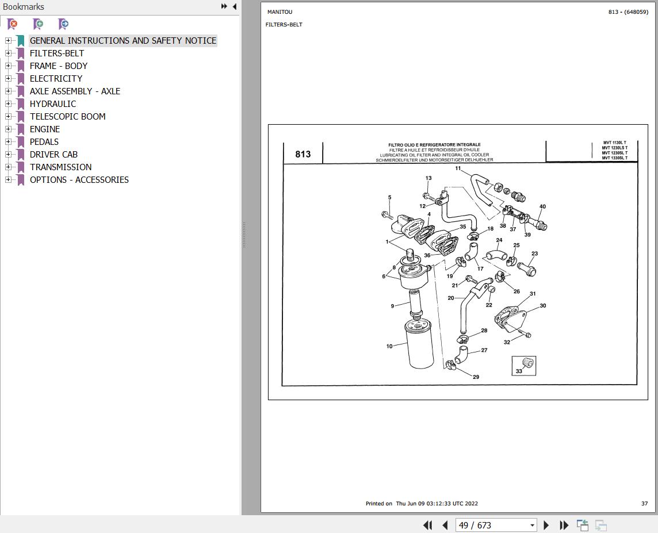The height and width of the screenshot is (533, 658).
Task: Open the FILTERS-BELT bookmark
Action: coord(56,53)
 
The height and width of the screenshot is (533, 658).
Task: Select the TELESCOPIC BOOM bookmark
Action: coord(67,116)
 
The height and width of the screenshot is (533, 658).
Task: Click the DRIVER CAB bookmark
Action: coord(53,154)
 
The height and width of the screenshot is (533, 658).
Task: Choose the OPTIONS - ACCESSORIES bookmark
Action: coord(79,179)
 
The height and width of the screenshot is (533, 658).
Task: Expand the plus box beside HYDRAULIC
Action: coord(8,103)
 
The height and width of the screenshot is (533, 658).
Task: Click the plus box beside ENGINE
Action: coord(8,129)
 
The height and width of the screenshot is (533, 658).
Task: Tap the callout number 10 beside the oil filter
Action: coord(389,346)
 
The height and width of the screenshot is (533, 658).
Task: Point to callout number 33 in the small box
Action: coord(519,371)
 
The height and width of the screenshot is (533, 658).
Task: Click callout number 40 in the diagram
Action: coord(542,206)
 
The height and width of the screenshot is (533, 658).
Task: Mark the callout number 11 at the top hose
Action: coord(458,168)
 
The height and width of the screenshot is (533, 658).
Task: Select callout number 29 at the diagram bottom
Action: coord(476,377)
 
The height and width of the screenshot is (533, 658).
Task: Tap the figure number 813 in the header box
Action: coord(303,154)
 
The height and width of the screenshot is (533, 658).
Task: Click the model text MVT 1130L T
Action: coord(614,143)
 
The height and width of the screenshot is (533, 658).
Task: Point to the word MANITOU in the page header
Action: coord(280,12)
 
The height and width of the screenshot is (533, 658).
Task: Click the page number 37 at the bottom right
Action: coord(644,503)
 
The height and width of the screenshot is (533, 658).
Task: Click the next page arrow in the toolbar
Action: coord(546,525)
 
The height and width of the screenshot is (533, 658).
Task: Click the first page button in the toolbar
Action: coord(427,525)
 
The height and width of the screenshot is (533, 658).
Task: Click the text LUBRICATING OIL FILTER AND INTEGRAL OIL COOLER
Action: coord(434,155)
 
